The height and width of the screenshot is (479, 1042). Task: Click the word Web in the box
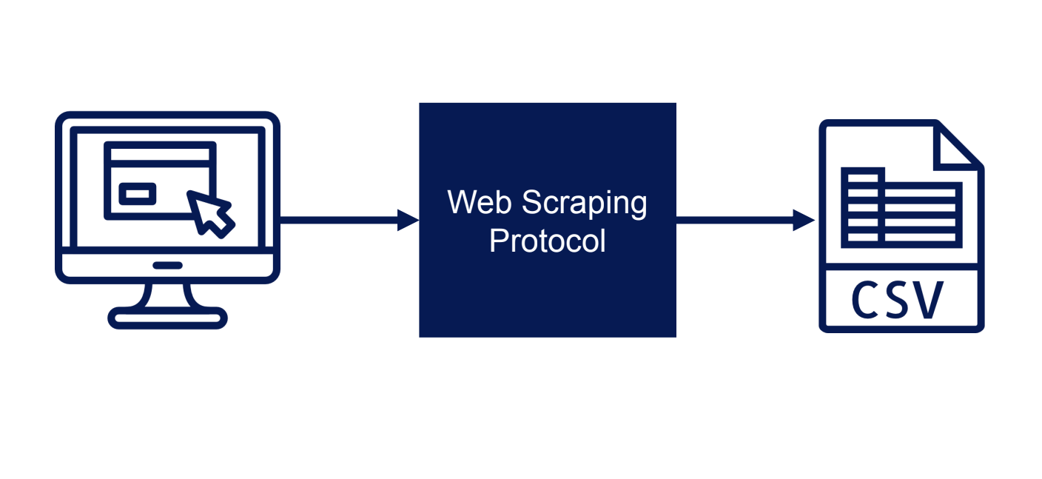tap(479, 202)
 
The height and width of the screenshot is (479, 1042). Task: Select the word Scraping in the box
tap(584, 204)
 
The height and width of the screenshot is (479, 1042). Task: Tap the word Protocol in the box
tap(548, 241)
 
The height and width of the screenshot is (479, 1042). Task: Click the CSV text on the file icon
tap(898, 300)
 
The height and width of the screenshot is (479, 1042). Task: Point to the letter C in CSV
tap(866, 300)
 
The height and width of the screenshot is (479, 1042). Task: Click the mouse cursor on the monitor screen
tap(210, 214)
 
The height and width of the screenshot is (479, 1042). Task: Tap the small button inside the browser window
tap(137, 194)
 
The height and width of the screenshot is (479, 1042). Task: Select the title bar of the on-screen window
tap(160, 154)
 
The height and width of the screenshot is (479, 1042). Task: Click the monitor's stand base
tap(167, 318)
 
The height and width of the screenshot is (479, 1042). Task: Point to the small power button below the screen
tap(167, 266)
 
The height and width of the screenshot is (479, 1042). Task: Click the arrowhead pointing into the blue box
tap(409, 220)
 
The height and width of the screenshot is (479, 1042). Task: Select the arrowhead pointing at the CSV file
tap(804, 220)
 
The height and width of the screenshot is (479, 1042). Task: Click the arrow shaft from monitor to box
tap(339, 220)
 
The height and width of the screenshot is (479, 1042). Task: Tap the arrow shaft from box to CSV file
tap(735, 220)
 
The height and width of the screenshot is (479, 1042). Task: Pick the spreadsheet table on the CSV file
tap(901, 207)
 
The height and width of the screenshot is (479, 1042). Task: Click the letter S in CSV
tap(896, 300)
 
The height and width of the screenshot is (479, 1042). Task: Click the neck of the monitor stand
tap(167, 295)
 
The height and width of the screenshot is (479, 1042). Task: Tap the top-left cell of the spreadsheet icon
tap(863, 178)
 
